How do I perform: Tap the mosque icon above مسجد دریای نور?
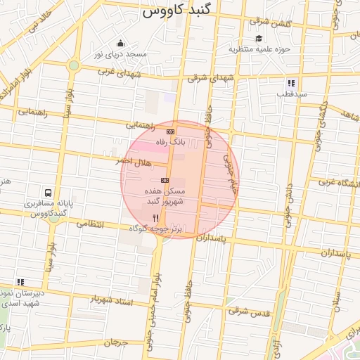(x=121, y=43)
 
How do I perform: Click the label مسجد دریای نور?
(x=121, y=54)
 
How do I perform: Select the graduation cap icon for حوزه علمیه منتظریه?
(x=259, y=39)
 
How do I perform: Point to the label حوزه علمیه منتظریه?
(x=259, y=50)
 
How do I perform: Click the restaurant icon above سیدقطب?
(x=291, y=83)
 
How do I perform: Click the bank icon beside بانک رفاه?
(x=170, y=131)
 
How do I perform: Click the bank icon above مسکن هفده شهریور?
(x=165, y=180)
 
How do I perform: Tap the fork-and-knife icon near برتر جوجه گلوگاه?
(x=155, y=219)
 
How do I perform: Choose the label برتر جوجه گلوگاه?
(x=155, y=229)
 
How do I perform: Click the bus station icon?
(x=48, y=193)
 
